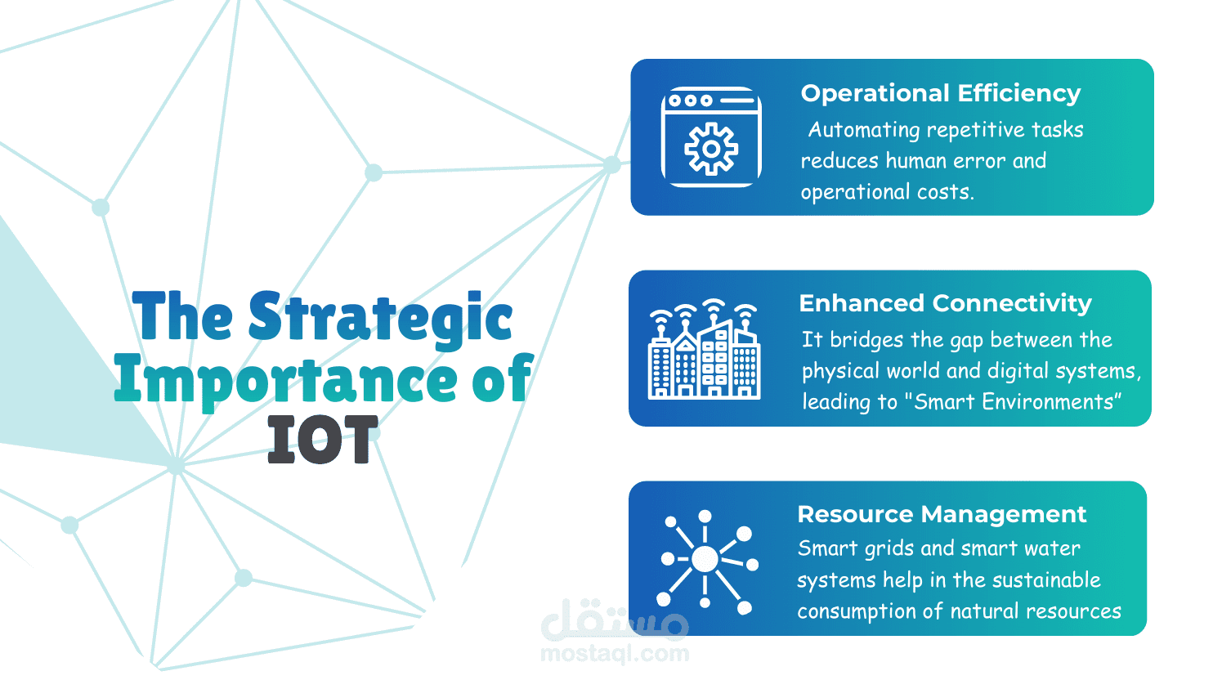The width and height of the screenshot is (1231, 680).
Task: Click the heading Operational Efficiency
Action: click(940, 93)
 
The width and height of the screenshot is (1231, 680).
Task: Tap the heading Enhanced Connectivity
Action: click(945, 303)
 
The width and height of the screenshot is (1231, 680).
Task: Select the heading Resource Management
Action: click(942, 514)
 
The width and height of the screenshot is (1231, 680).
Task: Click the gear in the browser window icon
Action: click(711, 149)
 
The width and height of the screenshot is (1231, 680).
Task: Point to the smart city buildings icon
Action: click(704, 349)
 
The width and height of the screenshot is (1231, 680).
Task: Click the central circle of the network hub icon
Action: click(705, 558)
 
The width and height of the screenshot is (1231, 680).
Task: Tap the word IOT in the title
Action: click(323, 440)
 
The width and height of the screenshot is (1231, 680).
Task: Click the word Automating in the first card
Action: click(864, 131)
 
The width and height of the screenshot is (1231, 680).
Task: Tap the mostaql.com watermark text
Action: click(615, 654)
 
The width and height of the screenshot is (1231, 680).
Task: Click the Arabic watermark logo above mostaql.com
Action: click(615, 620)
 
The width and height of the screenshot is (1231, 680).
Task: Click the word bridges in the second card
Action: click(866, 341)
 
